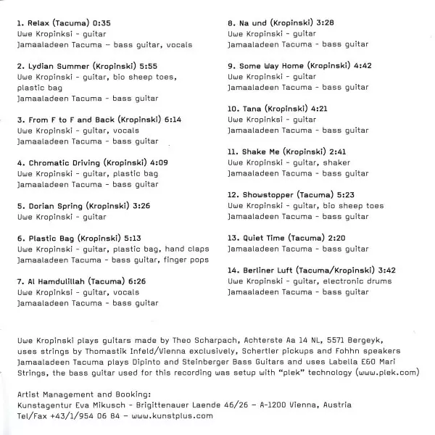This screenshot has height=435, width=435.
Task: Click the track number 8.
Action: click(x=230, y=23)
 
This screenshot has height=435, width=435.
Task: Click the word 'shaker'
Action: click(x=335, y=162)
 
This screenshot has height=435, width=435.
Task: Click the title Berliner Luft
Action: click(x=270, y=270)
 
